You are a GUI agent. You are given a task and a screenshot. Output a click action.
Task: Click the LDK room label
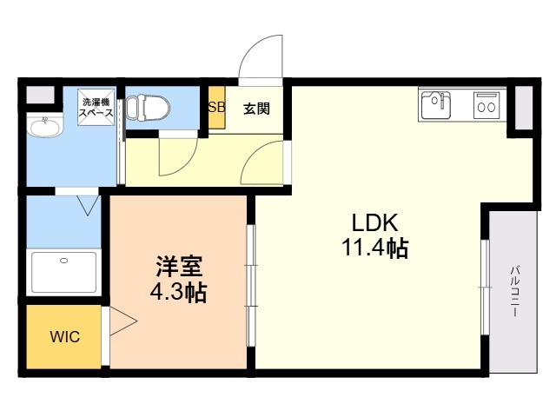pyautogui.click(x=374, y=223)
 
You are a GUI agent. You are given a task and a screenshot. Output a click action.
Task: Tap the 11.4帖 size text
pyautogui.click(x=374, y=248)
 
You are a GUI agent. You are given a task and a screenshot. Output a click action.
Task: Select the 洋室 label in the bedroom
pyautogui.click(x=180, y=267)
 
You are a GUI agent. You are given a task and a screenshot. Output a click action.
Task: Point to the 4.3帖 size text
pyautogui.click(x=178, y=292)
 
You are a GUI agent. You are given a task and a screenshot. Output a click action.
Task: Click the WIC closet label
pyautogui.click(x=65, y=336)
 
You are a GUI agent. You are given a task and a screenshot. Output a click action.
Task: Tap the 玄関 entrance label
pyautogui.click(x=256, y=109)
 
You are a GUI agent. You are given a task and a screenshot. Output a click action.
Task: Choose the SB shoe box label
pyautogui.click(x=216, y=107)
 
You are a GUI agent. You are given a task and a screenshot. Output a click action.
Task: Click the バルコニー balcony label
pyautogui.click(x=515, y=291)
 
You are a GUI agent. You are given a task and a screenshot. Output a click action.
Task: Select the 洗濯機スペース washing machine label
pyautogui.click(x=96, y=108)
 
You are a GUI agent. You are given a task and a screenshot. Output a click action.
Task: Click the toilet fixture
pyautogui.click(x=148, y=106)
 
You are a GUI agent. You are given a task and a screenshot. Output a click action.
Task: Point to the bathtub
pyautogui.click(x=63, y=272)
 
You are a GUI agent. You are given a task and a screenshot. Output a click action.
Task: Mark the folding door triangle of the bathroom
pyautogui.click(x=88, y=205)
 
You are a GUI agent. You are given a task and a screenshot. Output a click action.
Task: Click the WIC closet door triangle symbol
pyautogui.click(x=123, y=321)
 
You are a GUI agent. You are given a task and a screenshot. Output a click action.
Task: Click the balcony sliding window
pyautogui.click(x=485, y=287)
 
